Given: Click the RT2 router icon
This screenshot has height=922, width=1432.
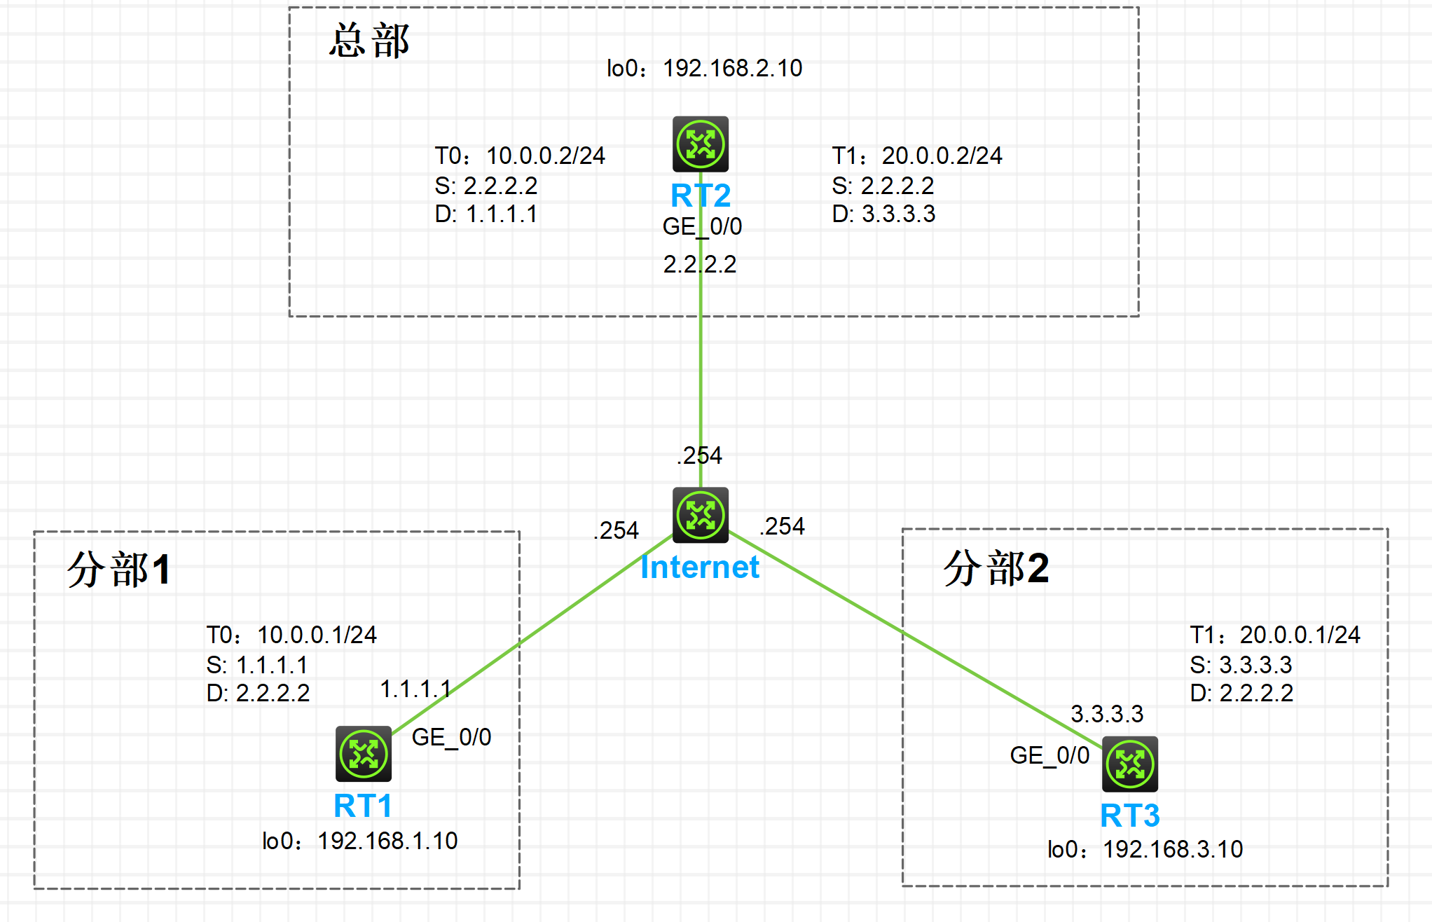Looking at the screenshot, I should point(701,144).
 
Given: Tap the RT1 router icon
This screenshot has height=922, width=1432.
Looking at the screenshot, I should point(363,754).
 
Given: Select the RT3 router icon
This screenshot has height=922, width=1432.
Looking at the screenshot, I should point(1129,764).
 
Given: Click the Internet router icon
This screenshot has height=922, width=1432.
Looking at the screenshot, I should point(701,515).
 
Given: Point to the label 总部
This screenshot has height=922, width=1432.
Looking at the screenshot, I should point(369,41).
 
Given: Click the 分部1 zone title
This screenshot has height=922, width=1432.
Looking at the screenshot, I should point(119,569).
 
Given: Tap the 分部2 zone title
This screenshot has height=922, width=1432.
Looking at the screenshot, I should point(996,567).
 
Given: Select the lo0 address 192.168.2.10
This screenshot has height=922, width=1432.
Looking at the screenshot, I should point(732,69).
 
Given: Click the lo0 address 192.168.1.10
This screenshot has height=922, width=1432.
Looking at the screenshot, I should point(387,841).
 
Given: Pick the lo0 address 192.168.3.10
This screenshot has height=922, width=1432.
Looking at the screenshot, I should point(1173,849).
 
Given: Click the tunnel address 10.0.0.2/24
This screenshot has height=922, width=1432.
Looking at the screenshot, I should point(545,156).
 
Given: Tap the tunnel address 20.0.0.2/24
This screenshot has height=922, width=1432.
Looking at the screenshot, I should point(942,156).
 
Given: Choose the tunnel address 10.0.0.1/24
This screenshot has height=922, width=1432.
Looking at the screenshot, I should point(317,635).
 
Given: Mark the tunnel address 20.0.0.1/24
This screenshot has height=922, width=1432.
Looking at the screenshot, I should point(1300,635).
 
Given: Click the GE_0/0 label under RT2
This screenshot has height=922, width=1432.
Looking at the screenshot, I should point(702,226).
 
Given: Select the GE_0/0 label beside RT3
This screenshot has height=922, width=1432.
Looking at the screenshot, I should point(1049,755).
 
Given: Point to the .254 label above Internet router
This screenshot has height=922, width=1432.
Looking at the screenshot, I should point(699,455).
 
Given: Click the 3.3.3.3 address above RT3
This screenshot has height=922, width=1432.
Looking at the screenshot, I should point(1107,714).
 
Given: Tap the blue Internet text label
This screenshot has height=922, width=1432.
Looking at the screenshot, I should point(700,567).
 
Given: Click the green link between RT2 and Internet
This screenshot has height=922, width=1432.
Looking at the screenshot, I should point(701,364).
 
